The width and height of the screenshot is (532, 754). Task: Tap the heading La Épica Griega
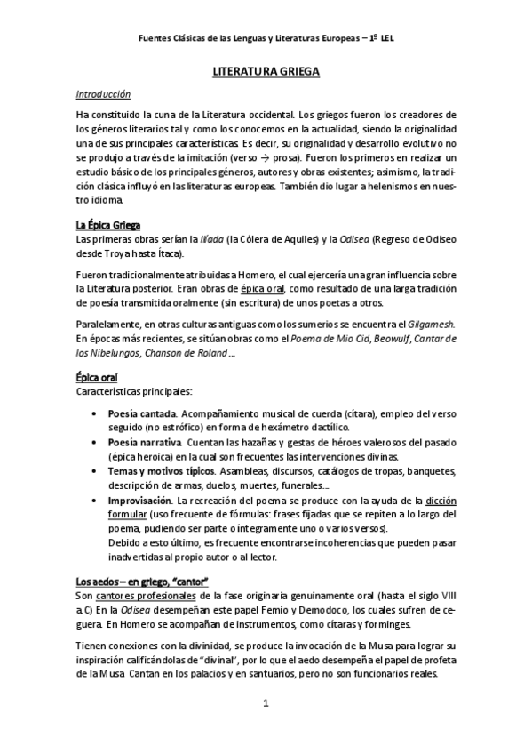point(107,224)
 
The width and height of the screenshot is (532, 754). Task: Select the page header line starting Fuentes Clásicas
point(266,38)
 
